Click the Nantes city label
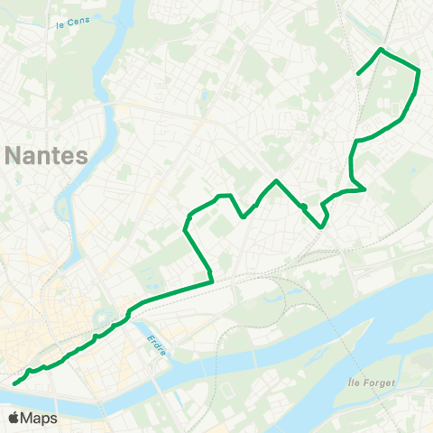pos(47,154)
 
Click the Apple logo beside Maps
pos(14,418)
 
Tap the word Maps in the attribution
pos(40,418)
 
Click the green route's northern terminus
pos(359,73)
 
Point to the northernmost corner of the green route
pos(382,49)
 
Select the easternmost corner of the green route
pos(419,70)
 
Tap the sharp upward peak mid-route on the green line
pos(276,181)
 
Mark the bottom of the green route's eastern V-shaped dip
pos(322,227)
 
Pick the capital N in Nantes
pos(14,154)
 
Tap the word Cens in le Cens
pos(81,25)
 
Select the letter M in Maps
pos(29,418)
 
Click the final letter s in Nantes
pos(83,154)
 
